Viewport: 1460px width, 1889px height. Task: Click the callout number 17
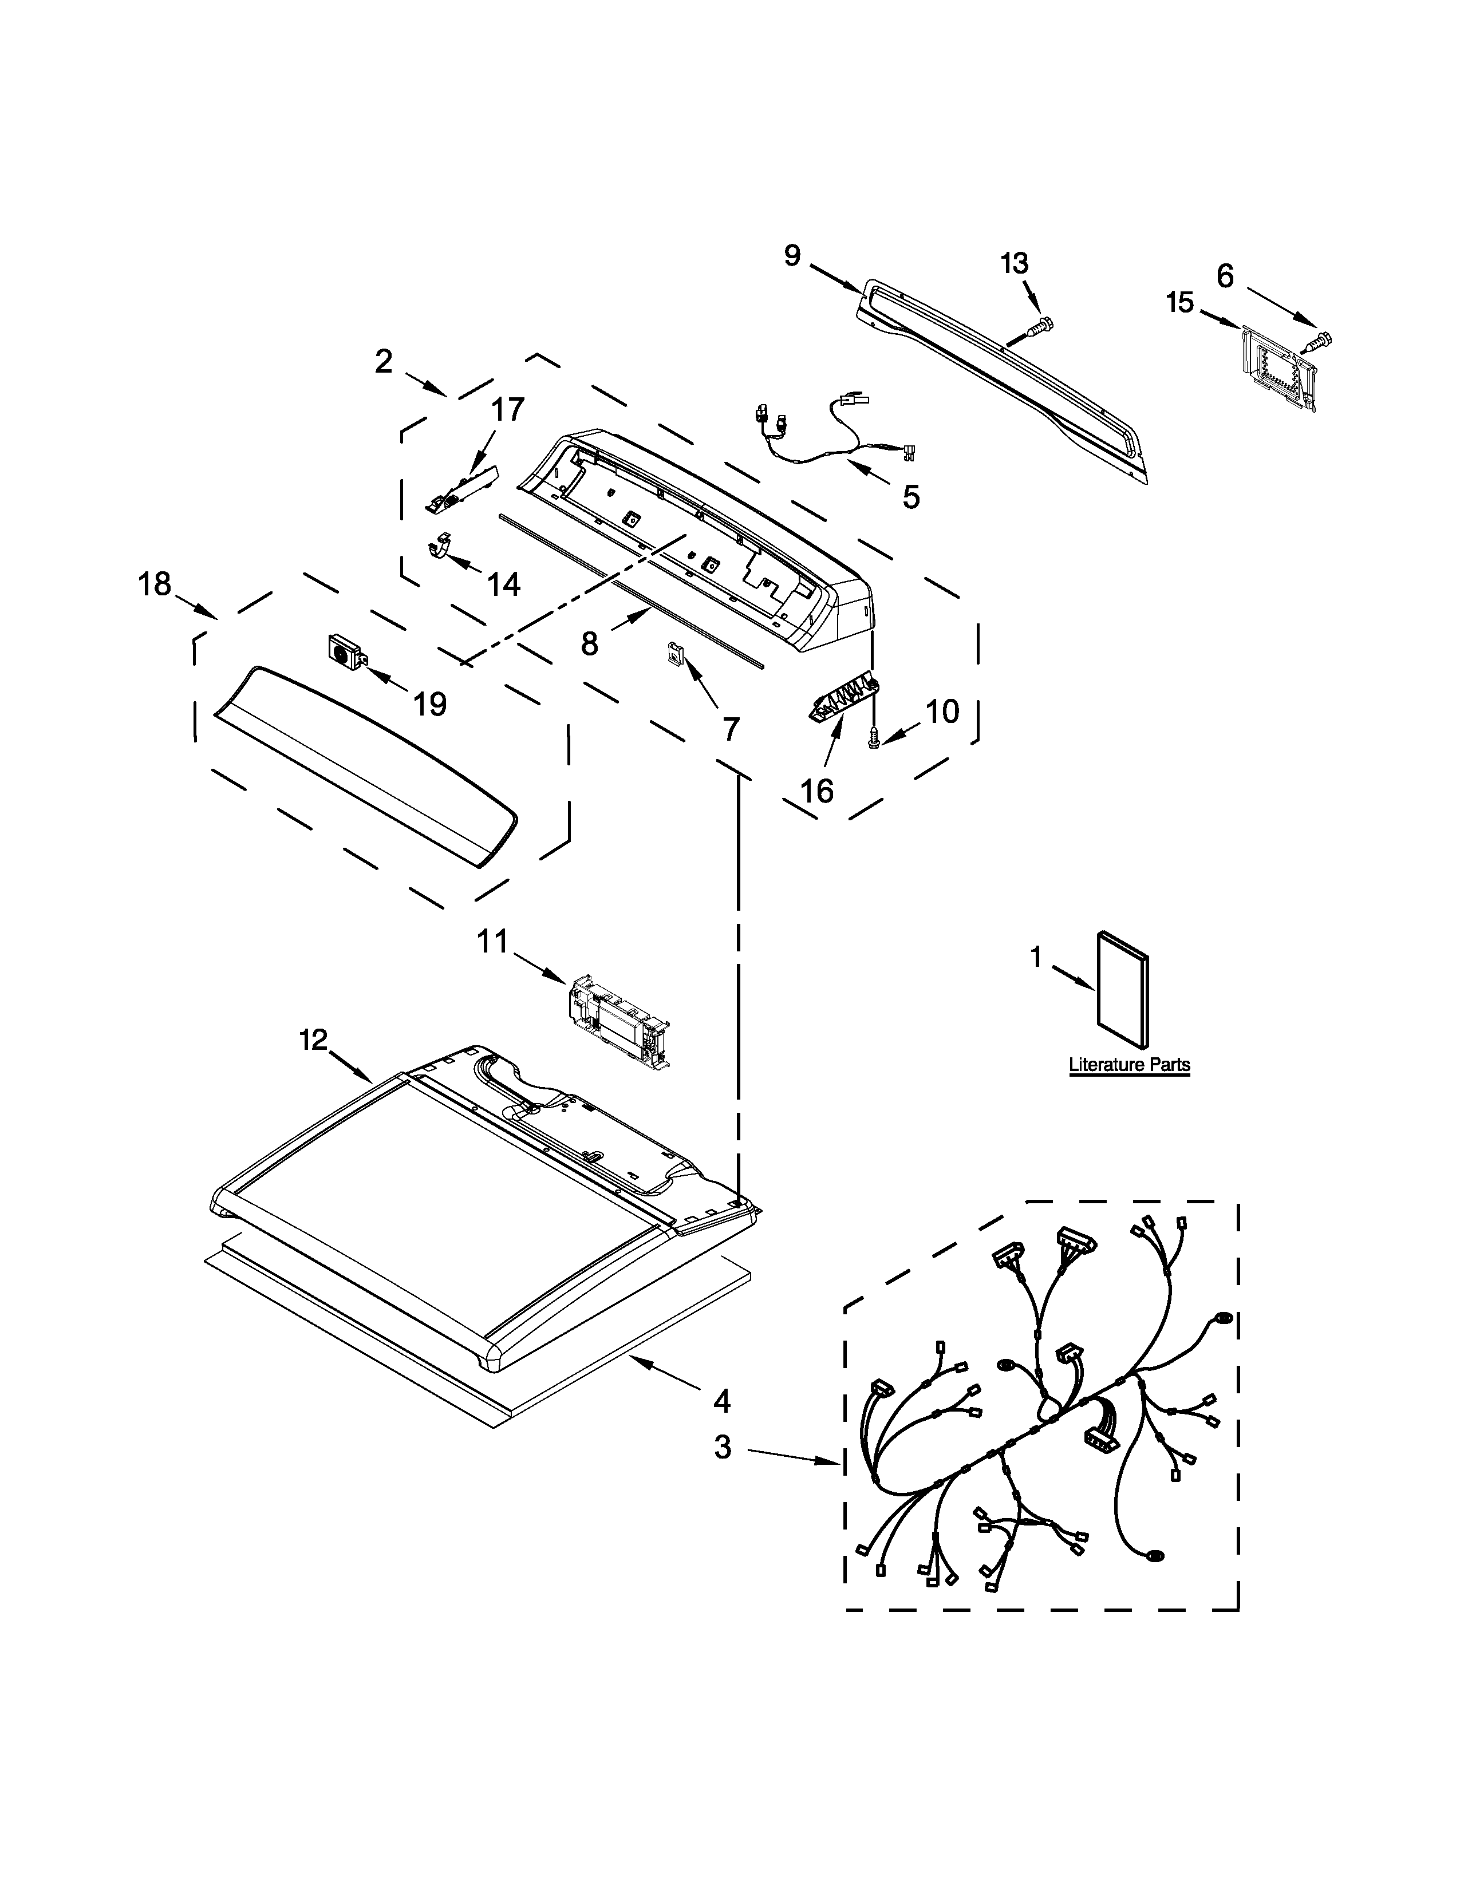[x=508, y=409]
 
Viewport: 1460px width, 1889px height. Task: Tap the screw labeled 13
[x=1040, y=326]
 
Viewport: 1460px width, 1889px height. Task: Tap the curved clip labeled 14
[x=441, y=547]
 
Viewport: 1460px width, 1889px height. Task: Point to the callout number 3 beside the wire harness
[x=722, y=1447]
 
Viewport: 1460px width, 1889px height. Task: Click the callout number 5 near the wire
[x=911, y=496]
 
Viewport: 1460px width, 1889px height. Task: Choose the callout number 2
[x=383, y=362]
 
